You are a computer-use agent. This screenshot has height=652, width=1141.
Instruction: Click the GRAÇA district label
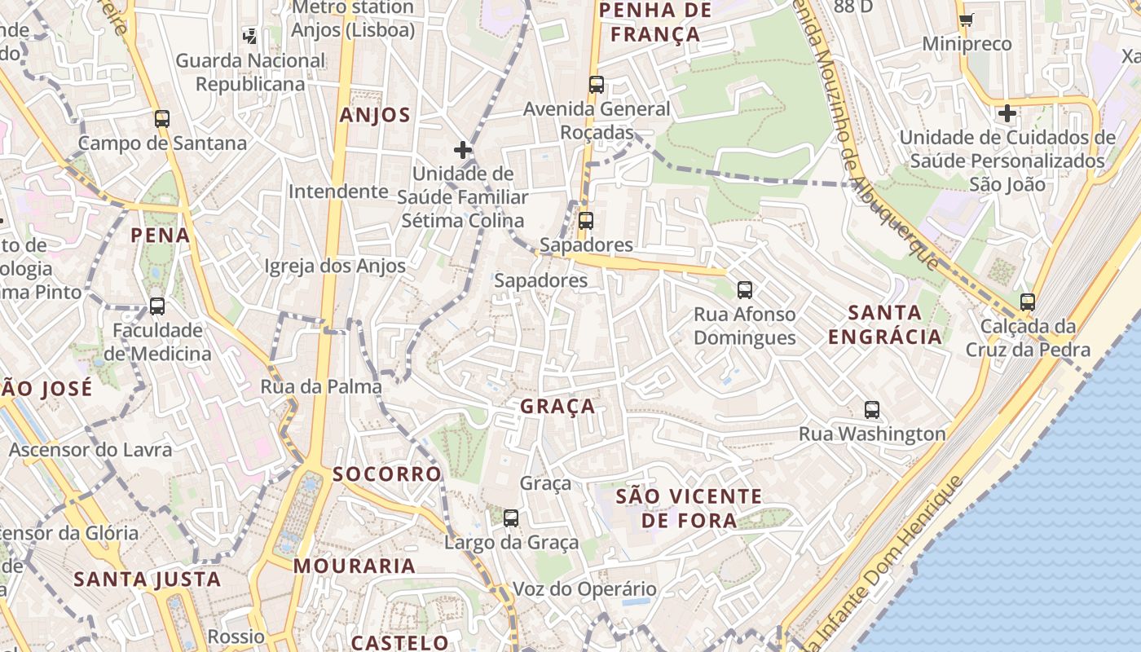click(x=558, y=406)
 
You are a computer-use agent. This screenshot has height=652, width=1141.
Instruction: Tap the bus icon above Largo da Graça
click(x=511, y=518)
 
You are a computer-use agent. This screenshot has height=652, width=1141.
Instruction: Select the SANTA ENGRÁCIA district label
click(x=884, y=324)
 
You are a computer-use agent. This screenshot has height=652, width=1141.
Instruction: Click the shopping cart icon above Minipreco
click(x=966, y=20)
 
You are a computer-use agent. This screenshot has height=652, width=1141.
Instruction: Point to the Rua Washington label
click(x=872, y=434)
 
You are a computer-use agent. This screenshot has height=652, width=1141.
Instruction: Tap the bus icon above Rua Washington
click(x=872, y=410)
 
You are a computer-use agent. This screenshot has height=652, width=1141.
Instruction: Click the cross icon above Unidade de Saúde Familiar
click(x=463, y=150)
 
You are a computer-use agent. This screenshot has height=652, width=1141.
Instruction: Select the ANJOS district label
click(x=375, y=115)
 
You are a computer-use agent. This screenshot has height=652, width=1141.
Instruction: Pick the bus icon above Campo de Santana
click(x=162, y=119)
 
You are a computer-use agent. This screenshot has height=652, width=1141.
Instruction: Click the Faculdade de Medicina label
click(x=157, y=342)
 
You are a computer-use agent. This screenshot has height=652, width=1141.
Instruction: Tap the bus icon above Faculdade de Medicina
click(x=157, y=306)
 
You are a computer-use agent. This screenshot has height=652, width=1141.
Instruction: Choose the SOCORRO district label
click(x=386, y=474)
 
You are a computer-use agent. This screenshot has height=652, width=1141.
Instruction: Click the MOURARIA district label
click(x=355, y=566)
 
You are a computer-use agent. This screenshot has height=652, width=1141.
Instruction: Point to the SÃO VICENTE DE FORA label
click(x=689, y=508)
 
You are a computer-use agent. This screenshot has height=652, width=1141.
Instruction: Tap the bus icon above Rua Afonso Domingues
click(x=744, y=289)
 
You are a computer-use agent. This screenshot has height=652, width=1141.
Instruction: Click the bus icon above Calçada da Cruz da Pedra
click(x=1028, y=302)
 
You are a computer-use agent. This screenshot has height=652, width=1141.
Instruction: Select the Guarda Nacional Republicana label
click(x=250, y=73)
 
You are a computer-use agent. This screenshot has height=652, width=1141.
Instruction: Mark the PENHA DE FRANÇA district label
click(x=655, y=22)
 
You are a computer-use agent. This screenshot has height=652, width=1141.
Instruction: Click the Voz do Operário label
click(x=584, y=589)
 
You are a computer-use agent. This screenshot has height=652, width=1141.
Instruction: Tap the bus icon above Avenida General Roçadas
click(x=597, y=84)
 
